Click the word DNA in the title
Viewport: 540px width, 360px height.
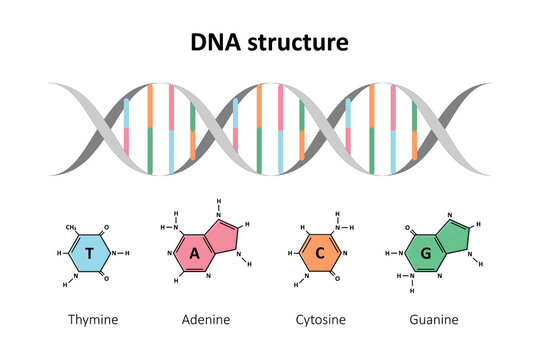click(216, 43)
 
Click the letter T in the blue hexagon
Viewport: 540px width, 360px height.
click(91, 255)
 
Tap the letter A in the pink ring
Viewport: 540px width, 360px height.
click(196, 254)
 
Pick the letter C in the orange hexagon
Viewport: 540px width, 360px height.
click(320, 254)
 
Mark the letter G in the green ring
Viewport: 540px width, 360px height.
click(425, 254)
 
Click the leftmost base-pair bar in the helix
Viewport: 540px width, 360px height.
click(127, 129)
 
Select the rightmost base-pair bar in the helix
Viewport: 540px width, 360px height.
click(414, 129)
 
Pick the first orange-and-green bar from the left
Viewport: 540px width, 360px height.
click(150, 130)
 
